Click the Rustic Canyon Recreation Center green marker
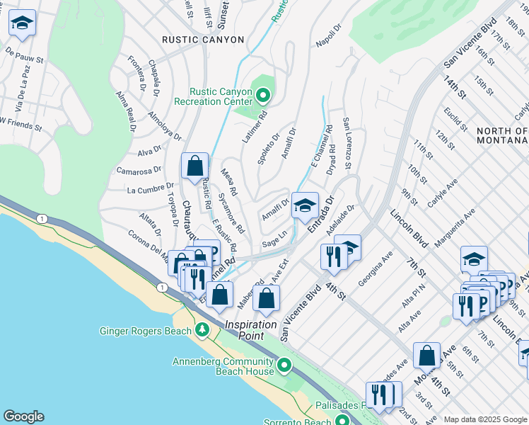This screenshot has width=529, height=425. (x=263, y=94)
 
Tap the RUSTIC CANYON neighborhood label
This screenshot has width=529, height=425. (x=203, y=40)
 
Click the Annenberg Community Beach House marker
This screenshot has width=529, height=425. (x=284, y=365)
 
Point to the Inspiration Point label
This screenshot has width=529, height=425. (x=250, y=324)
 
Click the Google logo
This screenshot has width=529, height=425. (x=23, y=416)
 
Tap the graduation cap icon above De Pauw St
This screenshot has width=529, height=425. (x=22, y=24)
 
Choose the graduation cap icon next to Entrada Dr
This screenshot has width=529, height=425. (x=305, y=206)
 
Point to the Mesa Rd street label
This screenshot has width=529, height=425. (x=228, y=182)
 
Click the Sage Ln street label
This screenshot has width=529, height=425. (x=274, y=238)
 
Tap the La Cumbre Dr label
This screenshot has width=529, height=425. (x=146, y=190)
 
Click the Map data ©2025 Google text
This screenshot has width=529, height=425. (x=485, y=419)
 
